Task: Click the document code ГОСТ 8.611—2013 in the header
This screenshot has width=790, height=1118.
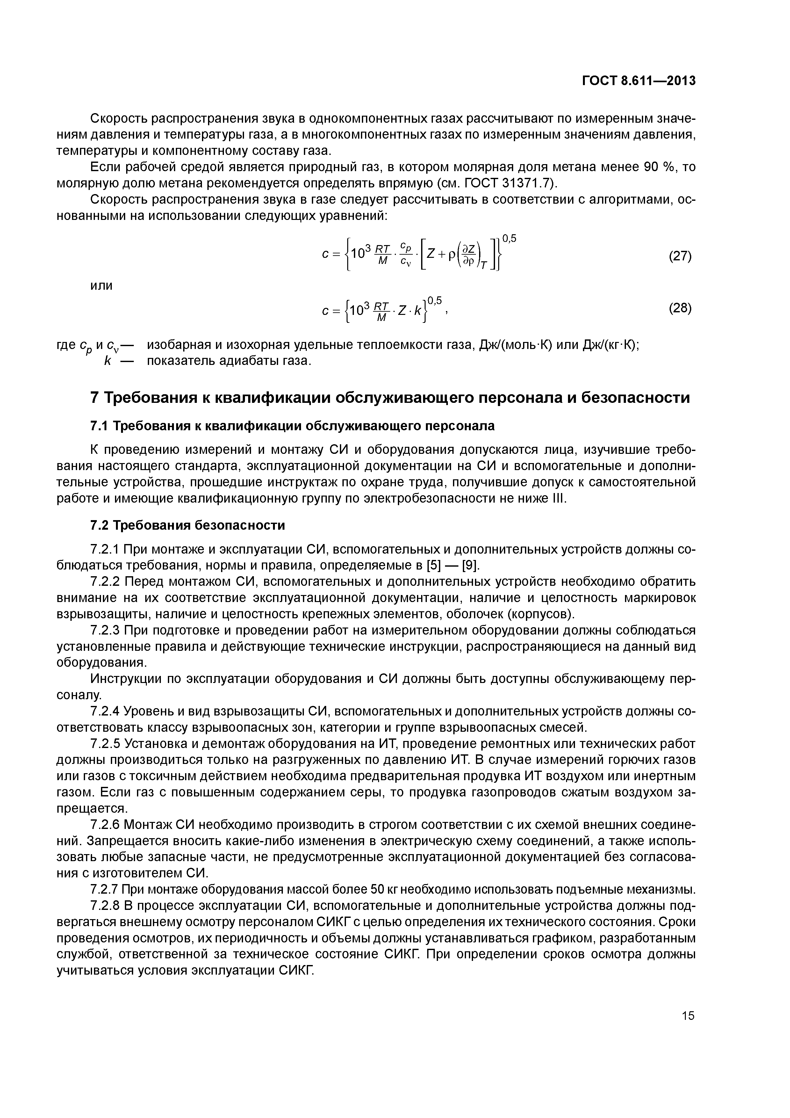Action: [639, 81]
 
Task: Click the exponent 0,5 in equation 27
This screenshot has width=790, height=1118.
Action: [509, 238]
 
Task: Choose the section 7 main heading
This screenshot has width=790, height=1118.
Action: [390, 398]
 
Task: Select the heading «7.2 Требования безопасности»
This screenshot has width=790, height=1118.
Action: [187, 526]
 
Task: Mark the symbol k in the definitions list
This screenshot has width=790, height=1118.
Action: [108, 361]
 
